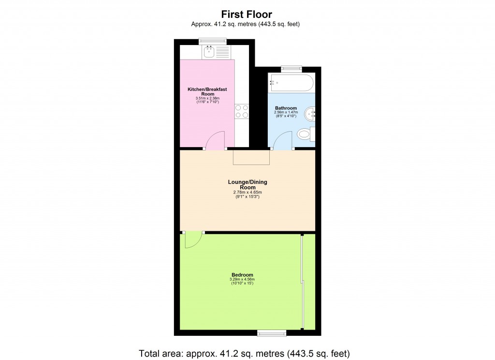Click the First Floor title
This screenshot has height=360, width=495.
tap(247, 14)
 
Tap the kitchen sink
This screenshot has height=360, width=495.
tap(209, 52)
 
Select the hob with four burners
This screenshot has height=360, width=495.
tap(241, 111)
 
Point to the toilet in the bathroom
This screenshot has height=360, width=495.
tap(305, 134)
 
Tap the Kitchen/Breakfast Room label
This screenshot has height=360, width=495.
tap(207, 92)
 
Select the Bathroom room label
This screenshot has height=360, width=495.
tap(286, 108)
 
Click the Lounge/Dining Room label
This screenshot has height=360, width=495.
tap(247, 184)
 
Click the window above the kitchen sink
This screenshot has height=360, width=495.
tap(213, 41)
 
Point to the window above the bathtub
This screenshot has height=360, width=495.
tap(291, 68)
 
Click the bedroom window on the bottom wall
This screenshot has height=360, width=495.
tap(271, 333)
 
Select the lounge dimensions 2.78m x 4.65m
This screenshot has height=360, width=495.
tap(247, 192)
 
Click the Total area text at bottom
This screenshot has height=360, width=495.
tap(244, 352)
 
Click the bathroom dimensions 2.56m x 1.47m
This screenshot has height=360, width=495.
tap(286, 113)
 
